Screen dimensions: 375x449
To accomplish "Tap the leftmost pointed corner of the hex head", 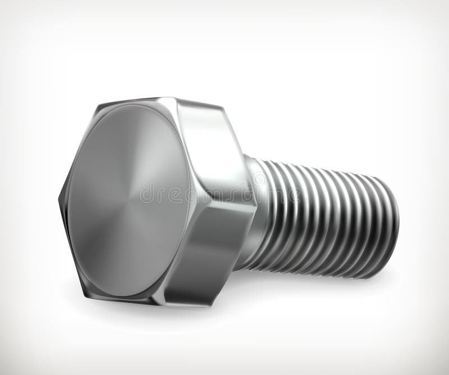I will (58, 198).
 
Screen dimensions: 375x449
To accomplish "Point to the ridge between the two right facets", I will (247, 205).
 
